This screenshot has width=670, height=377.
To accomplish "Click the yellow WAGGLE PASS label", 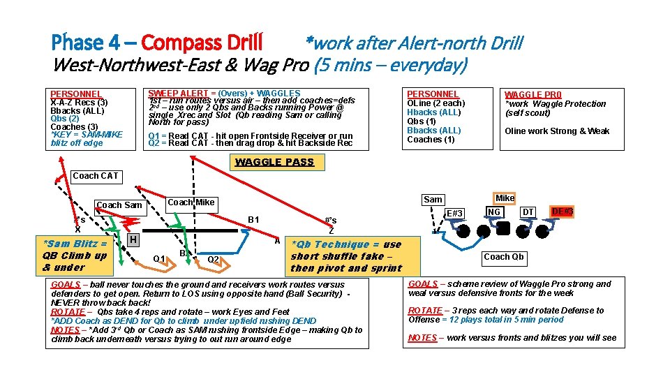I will pos(274,162).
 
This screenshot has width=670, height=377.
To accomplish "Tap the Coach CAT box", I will pos(96,176).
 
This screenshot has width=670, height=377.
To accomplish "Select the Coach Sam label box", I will pos(119,205).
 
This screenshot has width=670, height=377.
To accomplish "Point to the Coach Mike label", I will pos(191,202).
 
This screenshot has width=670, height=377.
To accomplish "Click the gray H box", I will pos(133,240).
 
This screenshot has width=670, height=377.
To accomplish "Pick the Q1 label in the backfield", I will pos(159,259).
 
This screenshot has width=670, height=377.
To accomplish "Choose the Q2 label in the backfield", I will pos(214,259).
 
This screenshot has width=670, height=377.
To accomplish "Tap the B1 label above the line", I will pos(253,220).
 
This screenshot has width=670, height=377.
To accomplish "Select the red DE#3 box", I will pos(562,211).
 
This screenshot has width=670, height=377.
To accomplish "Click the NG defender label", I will pos(494,212).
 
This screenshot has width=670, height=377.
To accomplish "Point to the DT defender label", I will pos(528,212).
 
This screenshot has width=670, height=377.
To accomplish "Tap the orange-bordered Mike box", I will pos(505,198).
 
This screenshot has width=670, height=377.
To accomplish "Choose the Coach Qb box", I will pos(505,256).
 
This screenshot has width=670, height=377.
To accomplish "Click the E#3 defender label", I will pos(454,213).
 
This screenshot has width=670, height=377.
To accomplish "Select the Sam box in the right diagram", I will pos(433,200).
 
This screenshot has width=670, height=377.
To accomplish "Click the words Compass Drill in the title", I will pos(202,43).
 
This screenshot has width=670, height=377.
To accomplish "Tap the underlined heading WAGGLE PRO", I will pos(533,94).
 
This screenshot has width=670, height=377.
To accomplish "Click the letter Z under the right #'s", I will pos(331,230).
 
